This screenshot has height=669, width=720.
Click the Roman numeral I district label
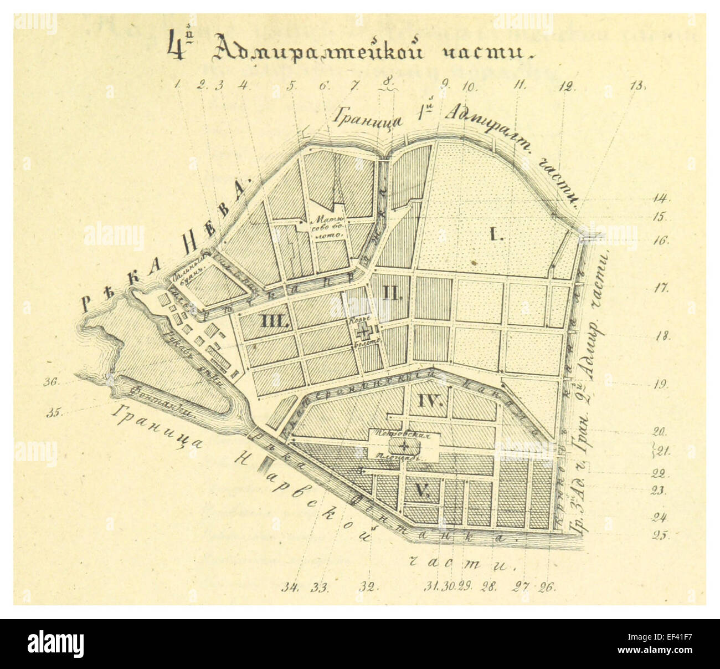tap(495, 236)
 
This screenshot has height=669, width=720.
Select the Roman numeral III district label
tap(273, 321)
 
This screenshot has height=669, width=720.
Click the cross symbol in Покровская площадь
tap(405, 446)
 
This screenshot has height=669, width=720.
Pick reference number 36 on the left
tap(54, 381)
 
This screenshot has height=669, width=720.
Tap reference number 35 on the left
tap(54, 412)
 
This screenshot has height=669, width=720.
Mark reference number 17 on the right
tap(661, 288)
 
